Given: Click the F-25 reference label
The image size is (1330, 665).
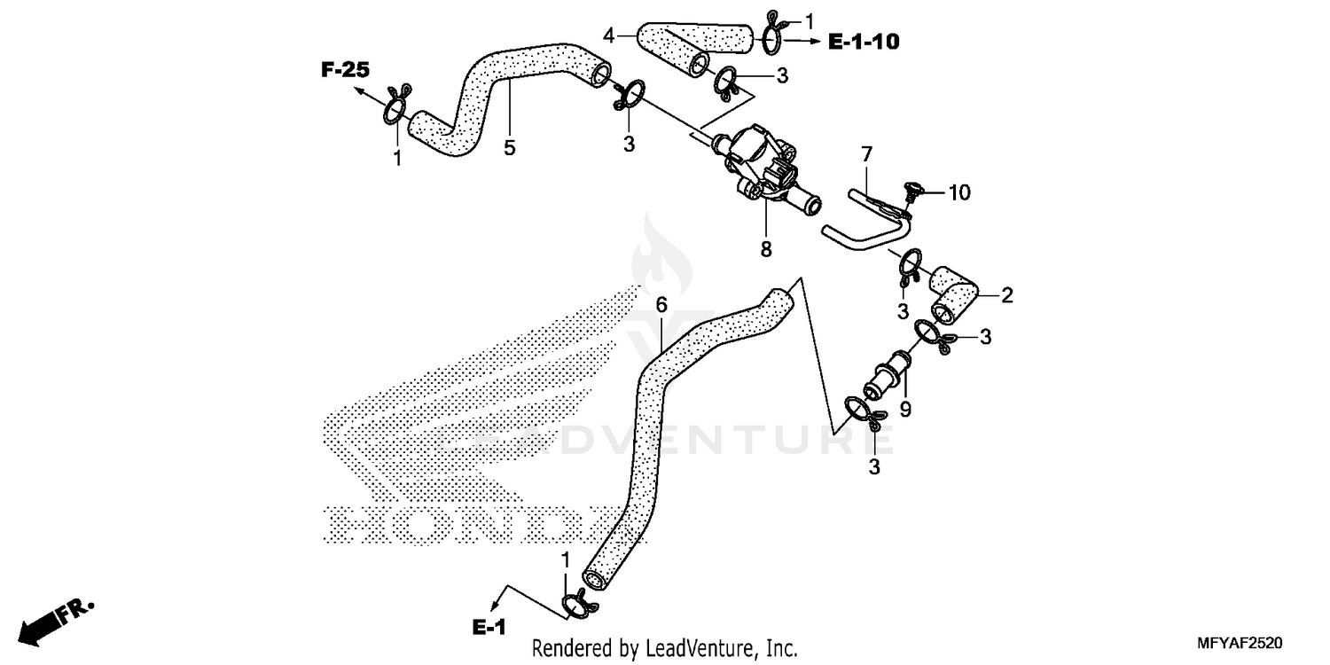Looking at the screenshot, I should (345, 70).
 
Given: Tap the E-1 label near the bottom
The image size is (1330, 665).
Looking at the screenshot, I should (489, 628).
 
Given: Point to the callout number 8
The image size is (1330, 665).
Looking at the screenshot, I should (766, 250).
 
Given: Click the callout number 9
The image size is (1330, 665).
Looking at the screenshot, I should (905, 410).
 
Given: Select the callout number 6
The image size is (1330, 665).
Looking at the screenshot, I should (661, 305).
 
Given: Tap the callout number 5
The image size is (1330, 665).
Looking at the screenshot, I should (510, 148).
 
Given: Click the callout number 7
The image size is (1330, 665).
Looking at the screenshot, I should (867, 157).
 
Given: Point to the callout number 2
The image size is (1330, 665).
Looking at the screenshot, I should (1007, 295).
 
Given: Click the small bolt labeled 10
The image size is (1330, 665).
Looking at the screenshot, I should (911, 189).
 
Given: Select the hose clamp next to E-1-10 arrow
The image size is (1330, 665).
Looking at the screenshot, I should (771, 34).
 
